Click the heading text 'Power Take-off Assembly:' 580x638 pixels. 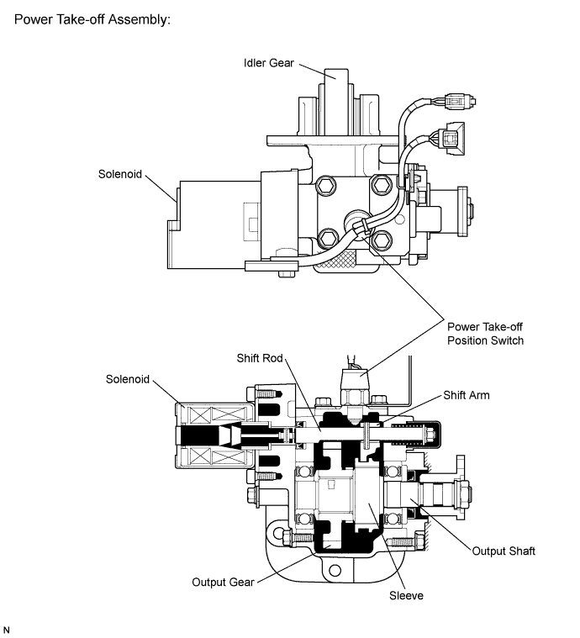[x=92, y=18]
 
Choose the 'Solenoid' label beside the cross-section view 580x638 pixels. [x=129, y=379]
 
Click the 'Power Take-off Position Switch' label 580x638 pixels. [x=483, y=334]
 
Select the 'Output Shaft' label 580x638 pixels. [x=503, y=551]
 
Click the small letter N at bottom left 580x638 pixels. [x=8, y=629]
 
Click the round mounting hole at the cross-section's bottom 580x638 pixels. [x=335, y=572]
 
